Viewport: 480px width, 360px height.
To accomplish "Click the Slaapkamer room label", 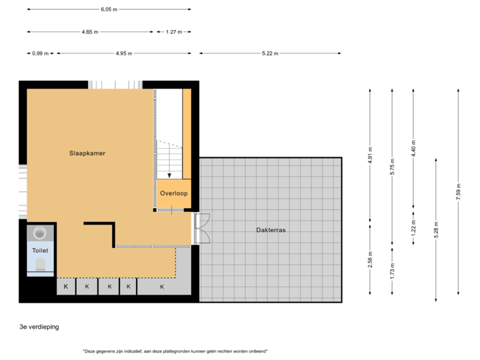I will [x=87, y=153].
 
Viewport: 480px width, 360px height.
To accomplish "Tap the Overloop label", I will [x=173, y=193].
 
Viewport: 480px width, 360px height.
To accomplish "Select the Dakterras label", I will [x=271, y=230].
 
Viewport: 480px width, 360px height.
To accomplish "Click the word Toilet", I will [x=40, y=250].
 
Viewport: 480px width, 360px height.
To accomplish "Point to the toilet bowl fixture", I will [x=41, y=266].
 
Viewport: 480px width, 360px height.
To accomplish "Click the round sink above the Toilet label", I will [x=40, y=234].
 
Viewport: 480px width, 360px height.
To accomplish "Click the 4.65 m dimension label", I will [x=89, y=31].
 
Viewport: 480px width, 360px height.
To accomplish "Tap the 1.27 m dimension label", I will [x=174, y=31].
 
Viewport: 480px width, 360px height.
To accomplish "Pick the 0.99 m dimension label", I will [x=40, y=53].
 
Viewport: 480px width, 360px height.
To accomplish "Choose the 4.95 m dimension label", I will [x=123, y=53].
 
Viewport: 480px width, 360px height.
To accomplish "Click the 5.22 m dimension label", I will [x=270, y=53].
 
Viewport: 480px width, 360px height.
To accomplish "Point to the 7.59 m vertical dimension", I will [x=457, y=191].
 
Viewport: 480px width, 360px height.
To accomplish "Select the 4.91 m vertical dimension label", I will [x=371, y=155].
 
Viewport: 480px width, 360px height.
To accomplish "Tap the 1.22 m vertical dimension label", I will [x=413, y=229].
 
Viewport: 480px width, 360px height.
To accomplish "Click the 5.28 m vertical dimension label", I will [x=435, y=229].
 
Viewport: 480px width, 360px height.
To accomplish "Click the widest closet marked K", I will [x=162, y=287].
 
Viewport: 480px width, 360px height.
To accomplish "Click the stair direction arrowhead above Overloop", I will [x=169, y=176].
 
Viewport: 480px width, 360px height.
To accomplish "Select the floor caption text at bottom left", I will [x=39, y=327].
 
